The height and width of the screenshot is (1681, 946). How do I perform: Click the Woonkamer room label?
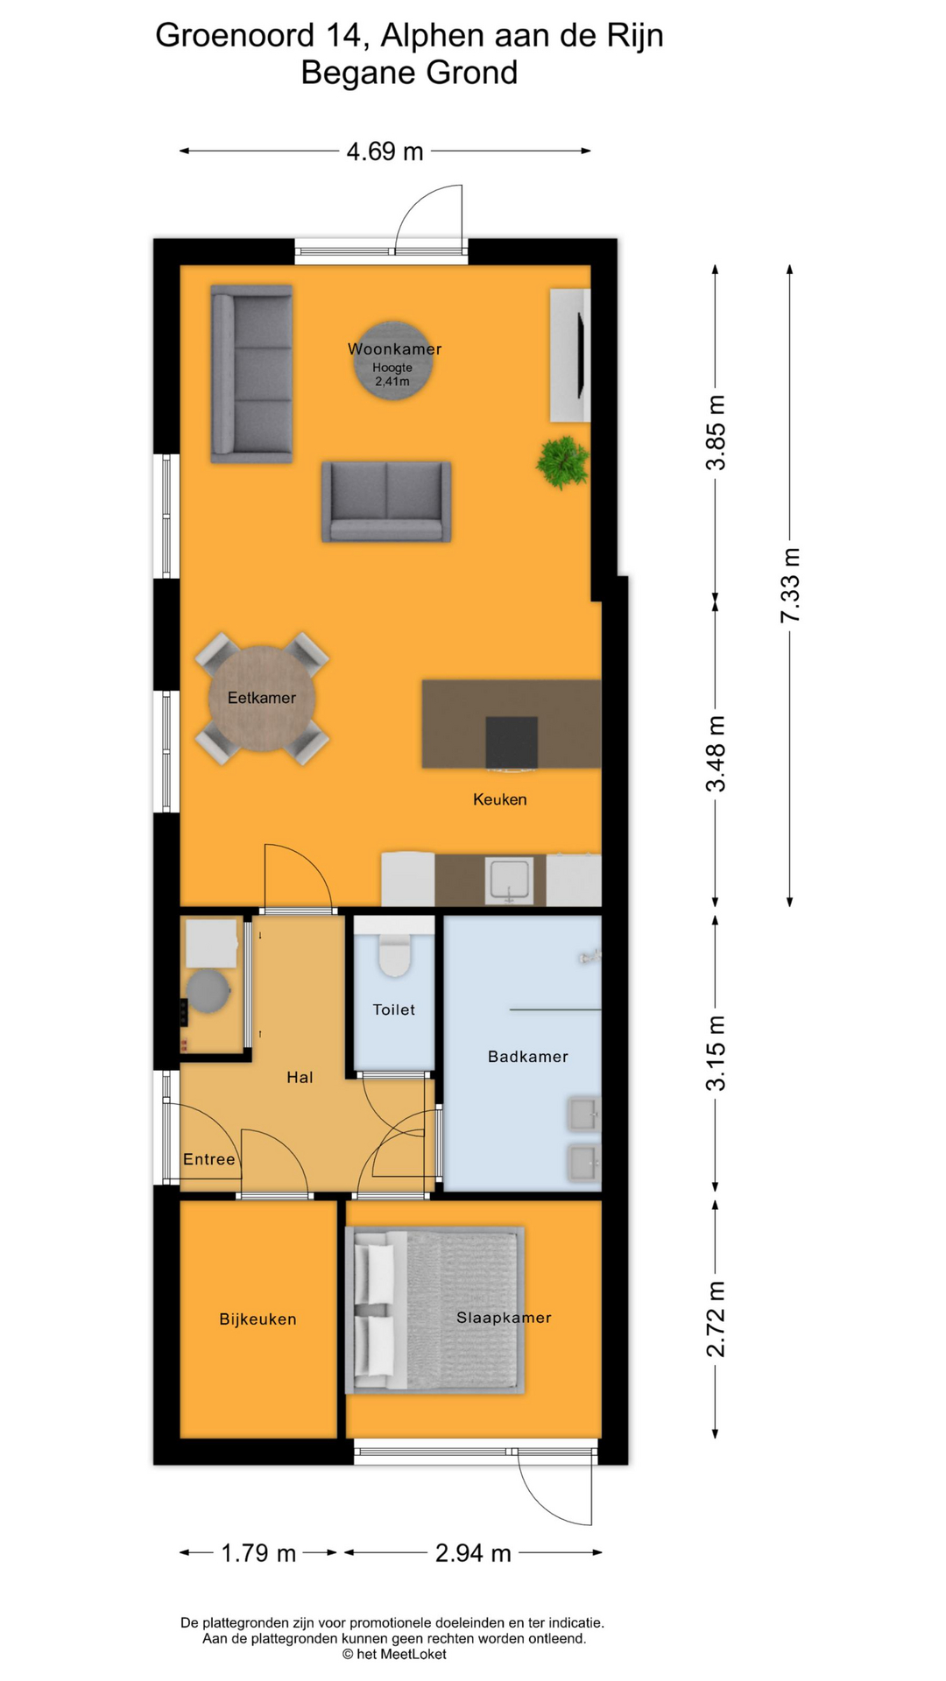click(394, 348)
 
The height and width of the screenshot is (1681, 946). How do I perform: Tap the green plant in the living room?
click(561, 461)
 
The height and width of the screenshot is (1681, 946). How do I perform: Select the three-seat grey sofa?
click(251, 374)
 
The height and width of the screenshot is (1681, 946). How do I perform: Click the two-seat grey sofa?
click(386, 502)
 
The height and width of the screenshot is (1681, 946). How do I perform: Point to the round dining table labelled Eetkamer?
click(262, 698)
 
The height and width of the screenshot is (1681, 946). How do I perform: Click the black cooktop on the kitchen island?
click(512, 742)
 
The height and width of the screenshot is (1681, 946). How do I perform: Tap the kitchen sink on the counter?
click(510, 881)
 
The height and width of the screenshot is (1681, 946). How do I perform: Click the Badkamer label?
click(528, 1057)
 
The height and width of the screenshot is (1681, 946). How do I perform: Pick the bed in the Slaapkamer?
click(435, 1311)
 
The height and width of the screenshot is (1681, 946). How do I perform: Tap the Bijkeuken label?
click(258, 1319)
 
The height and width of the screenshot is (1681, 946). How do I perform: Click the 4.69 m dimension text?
click(385, 151)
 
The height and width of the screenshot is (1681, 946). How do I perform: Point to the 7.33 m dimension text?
click(790, 585)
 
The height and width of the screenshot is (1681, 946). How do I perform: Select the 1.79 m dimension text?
click(258, 1553)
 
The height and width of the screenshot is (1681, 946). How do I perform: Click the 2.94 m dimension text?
click(473, 1553)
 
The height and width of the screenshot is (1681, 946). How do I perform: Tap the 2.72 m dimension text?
click(716, 1319)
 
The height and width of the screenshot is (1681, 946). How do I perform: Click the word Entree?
click(209, 1159)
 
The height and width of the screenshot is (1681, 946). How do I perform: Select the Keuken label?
click(500, 799)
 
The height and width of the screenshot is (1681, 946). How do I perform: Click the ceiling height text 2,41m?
click(392, 381)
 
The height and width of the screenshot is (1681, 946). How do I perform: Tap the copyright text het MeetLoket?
click(394, 1654)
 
